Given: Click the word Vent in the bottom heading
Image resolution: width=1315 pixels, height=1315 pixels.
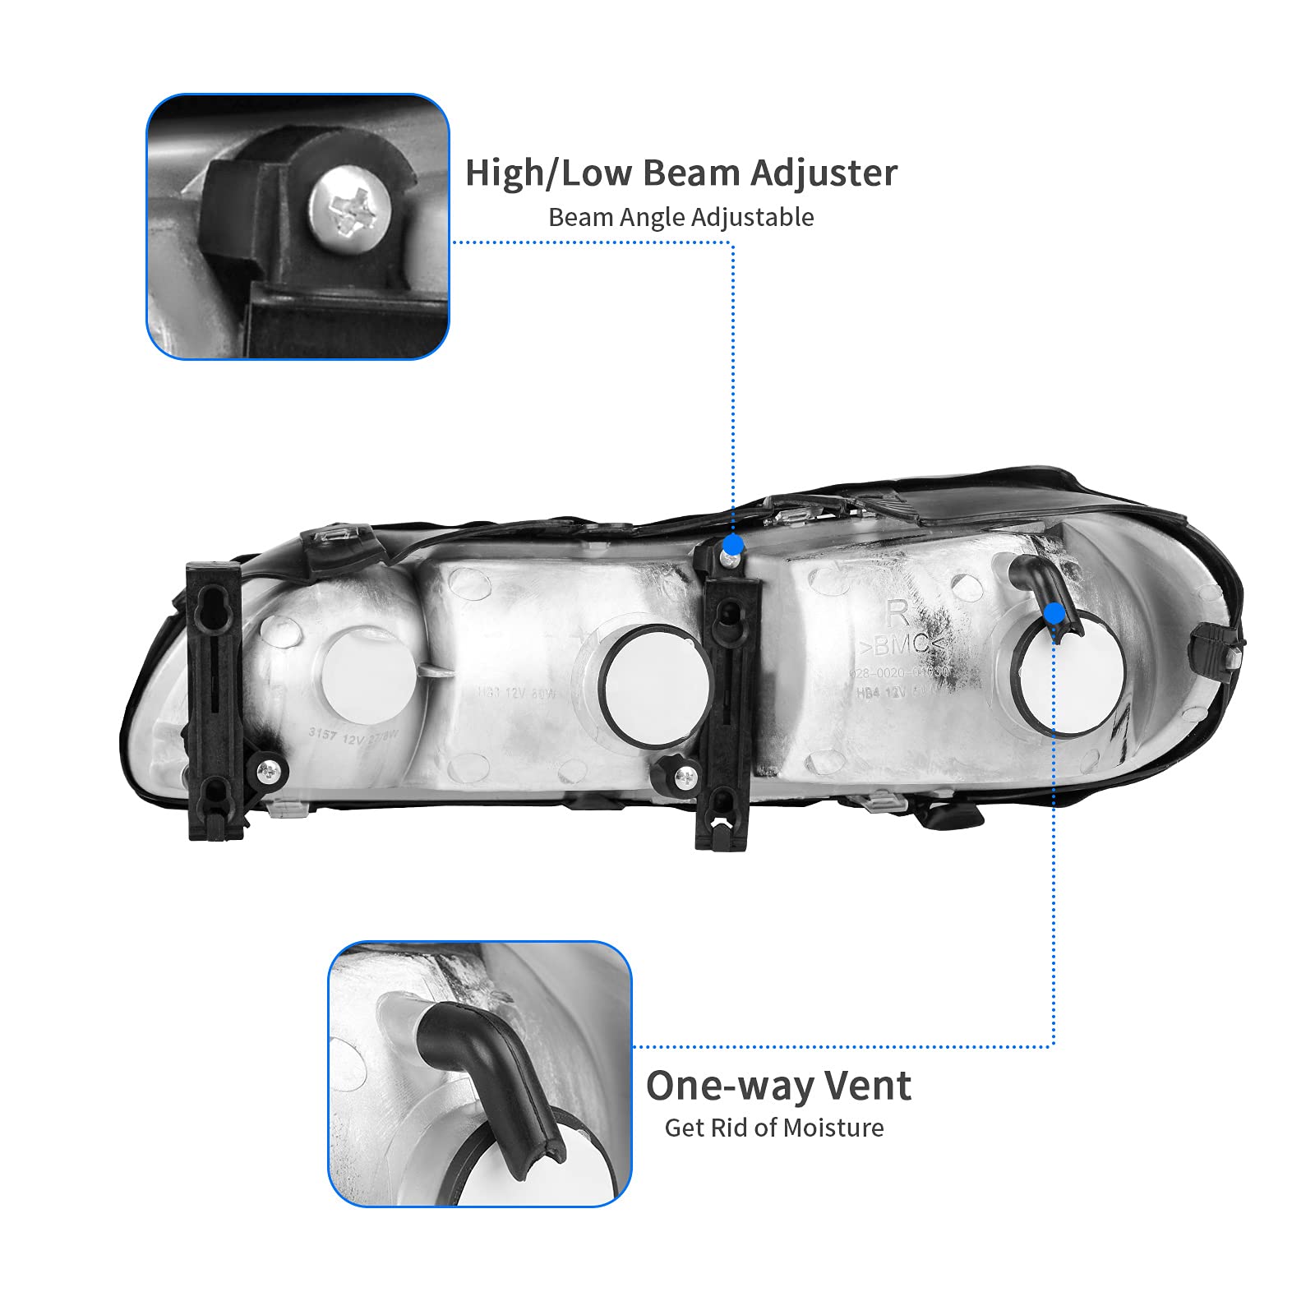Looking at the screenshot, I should click(x=868, y=1086).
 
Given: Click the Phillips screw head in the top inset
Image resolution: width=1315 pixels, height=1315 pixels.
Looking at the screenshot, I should click(x=349, y=209).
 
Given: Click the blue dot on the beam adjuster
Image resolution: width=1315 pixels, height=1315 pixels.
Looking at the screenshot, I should click(x=733, y=545).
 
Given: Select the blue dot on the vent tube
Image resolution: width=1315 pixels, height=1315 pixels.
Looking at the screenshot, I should click(x=1054, y=613).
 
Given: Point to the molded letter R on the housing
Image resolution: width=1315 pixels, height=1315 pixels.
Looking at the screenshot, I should click(x=897, y=613).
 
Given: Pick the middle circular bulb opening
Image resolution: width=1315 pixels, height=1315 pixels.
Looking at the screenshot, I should click(x=653, y=686).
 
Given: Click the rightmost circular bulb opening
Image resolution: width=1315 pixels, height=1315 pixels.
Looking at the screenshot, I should click(x=1073, y=676).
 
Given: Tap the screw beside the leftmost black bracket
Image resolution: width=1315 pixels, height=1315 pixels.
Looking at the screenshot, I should click(x=269, y=770).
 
